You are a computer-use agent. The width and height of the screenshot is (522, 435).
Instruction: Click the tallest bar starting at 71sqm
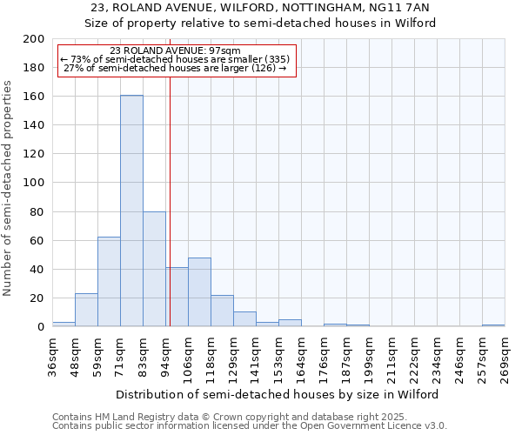[131, 211]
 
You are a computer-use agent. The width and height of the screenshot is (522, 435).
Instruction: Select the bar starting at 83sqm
[154, 269]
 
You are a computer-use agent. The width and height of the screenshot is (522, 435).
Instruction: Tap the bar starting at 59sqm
[109, 282]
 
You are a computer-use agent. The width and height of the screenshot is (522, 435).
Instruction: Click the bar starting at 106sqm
[199, 292]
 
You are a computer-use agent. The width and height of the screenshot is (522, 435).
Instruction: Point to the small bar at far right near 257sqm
[493, 325]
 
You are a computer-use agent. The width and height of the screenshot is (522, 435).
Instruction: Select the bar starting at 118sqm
[222, 311]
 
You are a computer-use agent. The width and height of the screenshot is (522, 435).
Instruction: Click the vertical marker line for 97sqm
[170, 200]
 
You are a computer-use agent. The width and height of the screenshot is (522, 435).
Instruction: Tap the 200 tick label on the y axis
[34, 39]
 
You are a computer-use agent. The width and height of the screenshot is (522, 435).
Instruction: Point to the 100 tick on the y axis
[34, 183]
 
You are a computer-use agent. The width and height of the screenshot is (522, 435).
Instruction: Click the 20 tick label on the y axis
[37, 298]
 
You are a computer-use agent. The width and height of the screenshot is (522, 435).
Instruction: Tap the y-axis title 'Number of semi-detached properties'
[9, 188]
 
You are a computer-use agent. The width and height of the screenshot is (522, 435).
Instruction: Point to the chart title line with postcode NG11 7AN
[260, 8]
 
